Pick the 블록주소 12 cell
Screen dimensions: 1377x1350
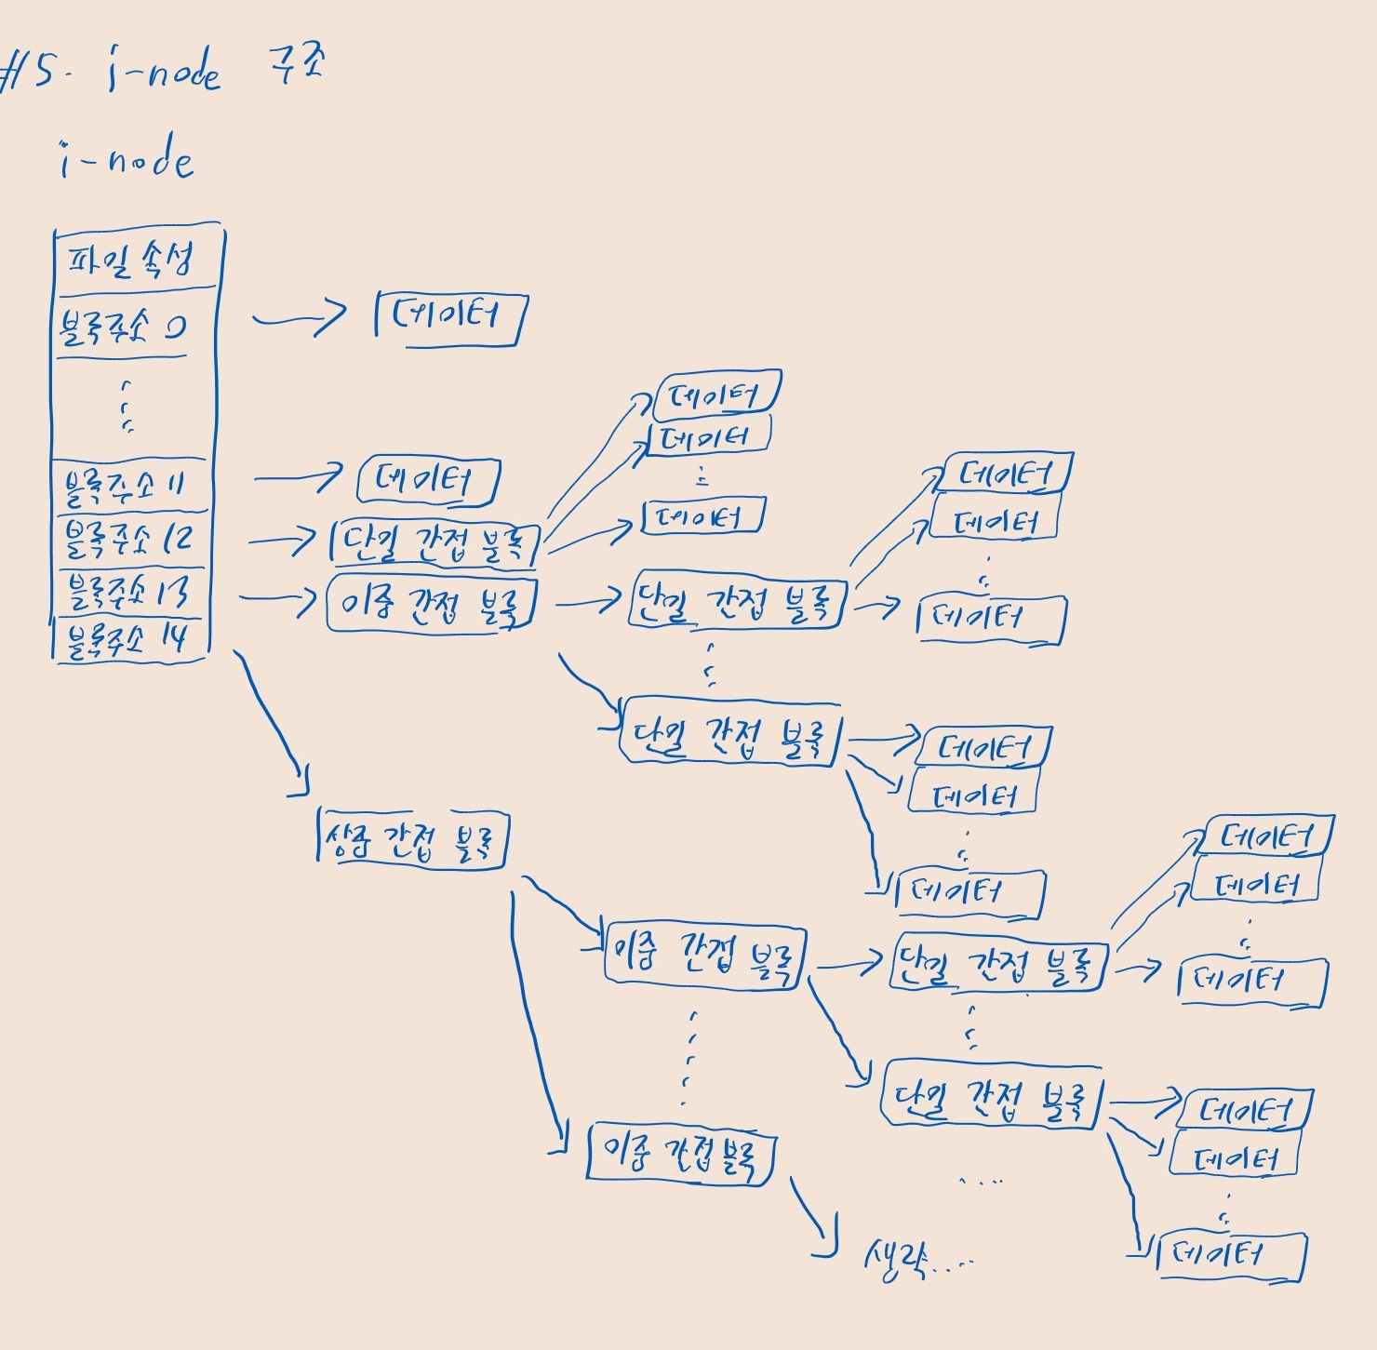(127, 539)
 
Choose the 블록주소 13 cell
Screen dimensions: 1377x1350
(127, 592)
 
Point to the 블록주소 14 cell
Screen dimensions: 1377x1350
(126, 640)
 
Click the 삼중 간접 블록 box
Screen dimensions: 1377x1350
(412, 840)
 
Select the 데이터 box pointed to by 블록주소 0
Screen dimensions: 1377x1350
(449, 318)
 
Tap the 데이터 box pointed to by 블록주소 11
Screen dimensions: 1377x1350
(428, 481)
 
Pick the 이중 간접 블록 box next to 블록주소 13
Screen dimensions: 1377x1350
(431, 604)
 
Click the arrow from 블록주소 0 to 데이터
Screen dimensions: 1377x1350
(298, 319)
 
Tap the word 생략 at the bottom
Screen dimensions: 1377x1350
(894, 1262)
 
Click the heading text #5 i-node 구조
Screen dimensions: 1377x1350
(163, 71)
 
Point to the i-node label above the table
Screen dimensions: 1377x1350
(127, 161)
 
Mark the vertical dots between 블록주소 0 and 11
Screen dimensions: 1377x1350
(127, 407)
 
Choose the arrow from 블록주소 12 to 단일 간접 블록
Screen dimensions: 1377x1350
(281, 541)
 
